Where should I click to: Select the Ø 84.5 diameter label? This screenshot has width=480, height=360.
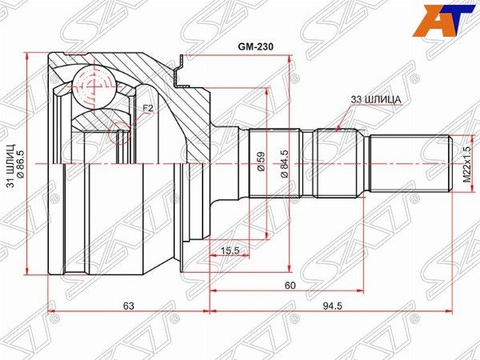coord(284,164)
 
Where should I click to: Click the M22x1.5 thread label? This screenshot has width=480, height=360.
coord(466,164)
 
